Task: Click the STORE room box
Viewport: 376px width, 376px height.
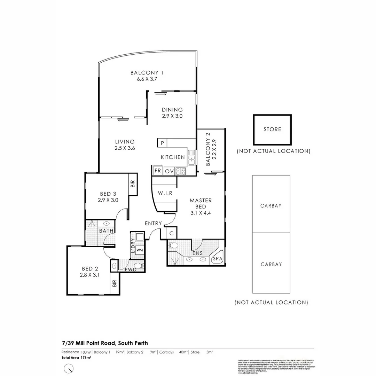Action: [x=272, y=130]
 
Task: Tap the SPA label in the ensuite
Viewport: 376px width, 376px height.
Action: [x=217, y=259]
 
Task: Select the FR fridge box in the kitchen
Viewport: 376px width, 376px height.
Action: [x=157, y=171]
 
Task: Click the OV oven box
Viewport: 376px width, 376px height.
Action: [x=169, y=171]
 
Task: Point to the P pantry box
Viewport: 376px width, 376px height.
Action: [x=162, y=143]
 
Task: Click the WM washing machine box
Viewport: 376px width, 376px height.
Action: [x=139, y=250]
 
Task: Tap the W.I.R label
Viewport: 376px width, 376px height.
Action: [x=165, y=193]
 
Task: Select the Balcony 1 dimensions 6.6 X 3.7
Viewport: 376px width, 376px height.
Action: [x=147, y=79]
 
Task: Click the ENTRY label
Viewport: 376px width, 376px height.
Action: [x=153, y=223]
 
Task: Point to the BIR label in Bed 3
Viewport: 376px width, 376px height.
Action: [x=133, y=183]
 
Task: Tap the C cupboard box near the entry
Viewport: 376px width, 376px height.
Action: [x=171, y=233]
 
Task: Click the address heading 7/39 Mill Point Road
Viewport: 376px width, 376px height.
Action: [x=105, y=343]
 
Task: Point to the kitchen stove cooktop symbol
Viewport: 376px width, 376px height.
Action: [x=180, y=171]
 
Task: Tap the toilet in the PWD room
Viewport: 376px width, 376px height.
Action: [x=139, y=266]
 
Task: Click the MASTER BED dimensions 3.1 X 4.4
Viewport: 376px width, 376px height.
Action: [x=201, y=213]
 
